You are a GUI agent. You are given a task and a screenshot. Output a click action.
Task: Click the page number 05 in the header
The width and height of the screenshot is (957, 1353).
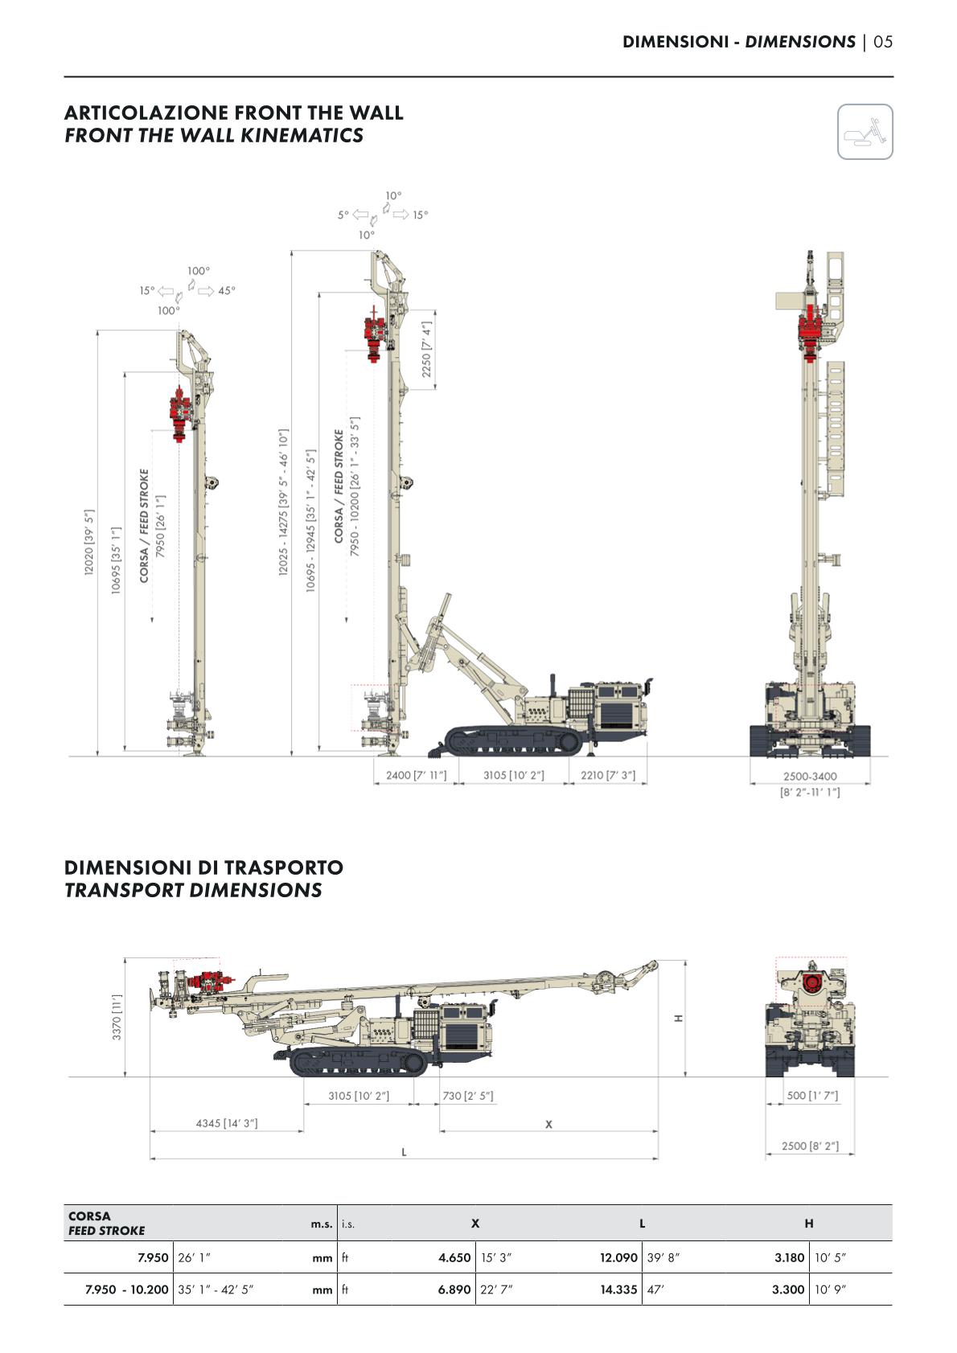tap(883, 42)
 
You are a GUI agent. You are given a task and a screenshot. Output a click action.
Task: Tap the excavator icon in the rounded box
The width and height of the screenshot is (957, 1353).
tap(865, 132)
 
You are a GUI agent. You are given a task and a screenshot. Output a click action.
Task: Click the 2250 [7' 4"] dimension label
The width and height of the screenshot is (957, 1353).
tap(427, 350)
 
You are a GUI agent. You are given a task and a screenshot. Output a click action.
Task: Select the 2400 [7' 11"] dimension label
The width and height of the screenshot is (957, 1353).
tap(416, 775)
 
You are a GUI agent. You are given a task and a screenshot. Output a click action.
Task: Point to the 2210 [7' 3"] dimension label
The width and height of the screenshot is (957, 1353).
tap(608, 775)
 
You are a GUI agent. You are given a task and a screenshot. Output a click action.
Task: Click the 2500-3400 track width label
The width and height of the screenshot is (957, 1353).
tap(810, 777)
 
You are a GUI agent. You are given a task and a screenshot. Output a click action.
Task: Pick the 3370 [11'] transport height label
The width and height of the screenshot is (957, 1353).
tap(117, 1016)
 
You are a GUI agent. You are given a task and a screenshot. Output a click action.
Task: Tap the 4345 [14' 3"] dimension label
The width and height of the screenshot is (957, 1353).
tap(227, 1123)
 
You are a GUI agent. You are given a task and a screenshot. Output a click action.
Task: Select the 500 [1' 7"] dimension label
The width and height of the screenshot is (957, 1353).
tap(812, 1095)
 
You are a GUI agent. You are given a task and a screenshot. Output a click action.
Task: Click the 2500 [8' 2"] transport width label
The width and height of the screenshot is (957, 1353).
tap(810, 1146)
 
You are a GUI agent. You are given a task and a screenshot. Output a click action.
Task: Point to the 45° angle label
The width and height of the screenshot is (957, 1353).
tap(227, 291)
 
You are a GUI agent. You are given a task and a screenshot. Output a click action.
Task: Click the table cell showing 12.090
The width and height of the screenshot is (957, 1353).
tap(618, 1257)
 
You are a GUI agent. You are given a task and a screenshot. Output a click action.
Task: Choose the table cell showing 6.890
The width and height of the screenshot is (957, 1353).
tap(454, 1289)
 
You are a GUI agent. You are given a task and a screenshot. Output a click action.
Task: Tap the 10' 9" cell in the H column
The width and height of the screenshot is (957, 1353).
tap(832, 1289)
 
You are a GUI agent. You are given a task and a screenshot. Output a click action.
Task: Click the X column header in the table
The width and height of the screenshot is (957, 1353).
tap(475, 1224)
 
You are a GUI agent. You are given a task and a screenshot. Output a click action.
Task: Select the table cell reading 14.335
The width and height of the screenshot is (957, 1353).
tap(618, 1289)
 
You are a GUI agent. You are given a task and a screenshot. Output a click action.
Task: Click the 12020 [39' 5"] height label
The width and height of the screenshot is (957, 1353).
tap(89, 542)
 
